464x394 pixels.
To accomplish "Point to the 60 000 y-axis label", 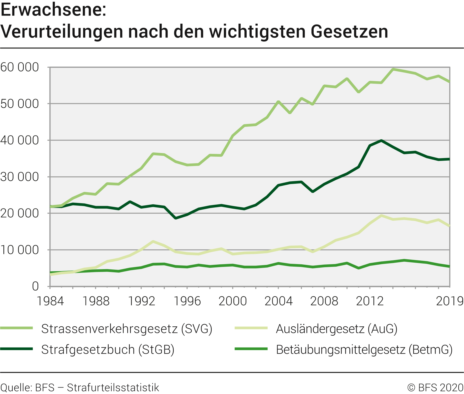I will point(20,67).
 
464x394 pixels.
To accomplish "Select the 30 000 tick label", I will point(20,177).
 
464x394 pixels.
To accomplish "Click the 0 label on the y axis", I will point(35,286).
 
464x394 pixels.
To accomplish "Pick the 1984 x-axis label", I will point(50,301).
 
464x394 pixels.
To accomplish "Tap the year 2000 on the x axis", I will point(233,301).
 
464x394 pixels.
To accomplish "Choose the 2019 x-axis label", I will point(449,301).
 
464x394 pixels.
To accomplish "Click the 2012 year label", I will point(370,301).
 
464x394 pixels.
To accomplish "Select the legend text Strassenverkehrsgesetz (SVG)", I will point(127,329).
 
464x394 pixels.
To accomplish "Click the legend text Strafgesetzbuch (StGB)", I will point(108,349).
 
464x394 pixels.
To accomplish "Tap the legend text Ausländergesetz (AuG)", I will point(337,329).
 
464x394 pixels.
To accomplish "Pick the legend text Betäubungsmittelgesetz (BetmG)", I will point(364,349).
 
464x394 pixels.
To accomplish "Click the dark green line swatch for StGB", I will point(16,349).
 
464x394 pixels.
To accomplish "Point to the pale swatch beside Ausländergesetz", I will point(251,328).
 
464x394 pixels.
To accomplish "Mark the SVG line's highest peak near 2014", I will point(393,69).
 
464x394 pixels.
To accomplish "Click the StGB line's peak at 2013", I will point(381,140).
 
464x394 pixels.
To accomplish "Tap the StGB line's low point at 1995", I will point(176,218).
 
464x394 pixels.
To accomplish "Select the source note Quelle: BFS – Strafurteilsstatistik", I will point(80,388).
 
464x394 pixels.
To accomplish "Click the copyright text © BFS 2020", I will point(435,388).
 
